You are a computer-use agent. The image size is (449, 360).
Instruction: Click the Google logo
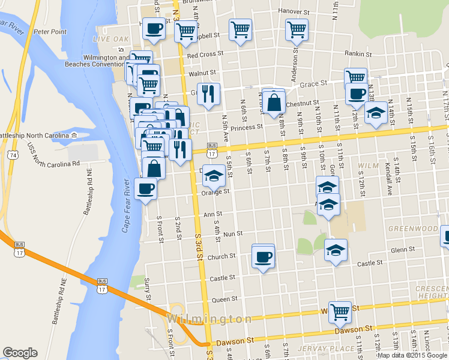(20, 353)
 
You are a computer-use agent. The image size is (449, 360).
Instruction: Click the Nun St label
(232, 233)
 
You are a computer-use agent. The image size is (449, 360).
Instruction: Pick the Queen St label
(225, 299)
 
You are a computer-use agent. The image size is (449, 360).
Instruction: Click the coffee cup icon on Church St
(263, 257)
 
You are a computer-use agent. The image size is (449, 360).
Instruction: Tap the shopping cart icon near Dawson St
(340, 311)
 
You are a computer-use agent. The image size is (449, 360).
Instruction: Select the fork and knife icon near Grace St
(208, 93)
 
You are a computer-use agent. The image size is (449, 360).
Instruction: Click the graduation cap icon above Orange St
(214, 175)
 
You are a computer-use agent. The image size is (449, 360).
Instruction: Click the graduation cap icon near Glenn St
(336, 249)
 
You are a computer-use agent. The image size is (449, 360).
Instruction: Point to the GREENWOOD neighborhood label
(412, 229)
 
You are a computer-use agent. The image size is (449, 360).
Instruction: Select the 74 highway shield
(13, 155)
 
